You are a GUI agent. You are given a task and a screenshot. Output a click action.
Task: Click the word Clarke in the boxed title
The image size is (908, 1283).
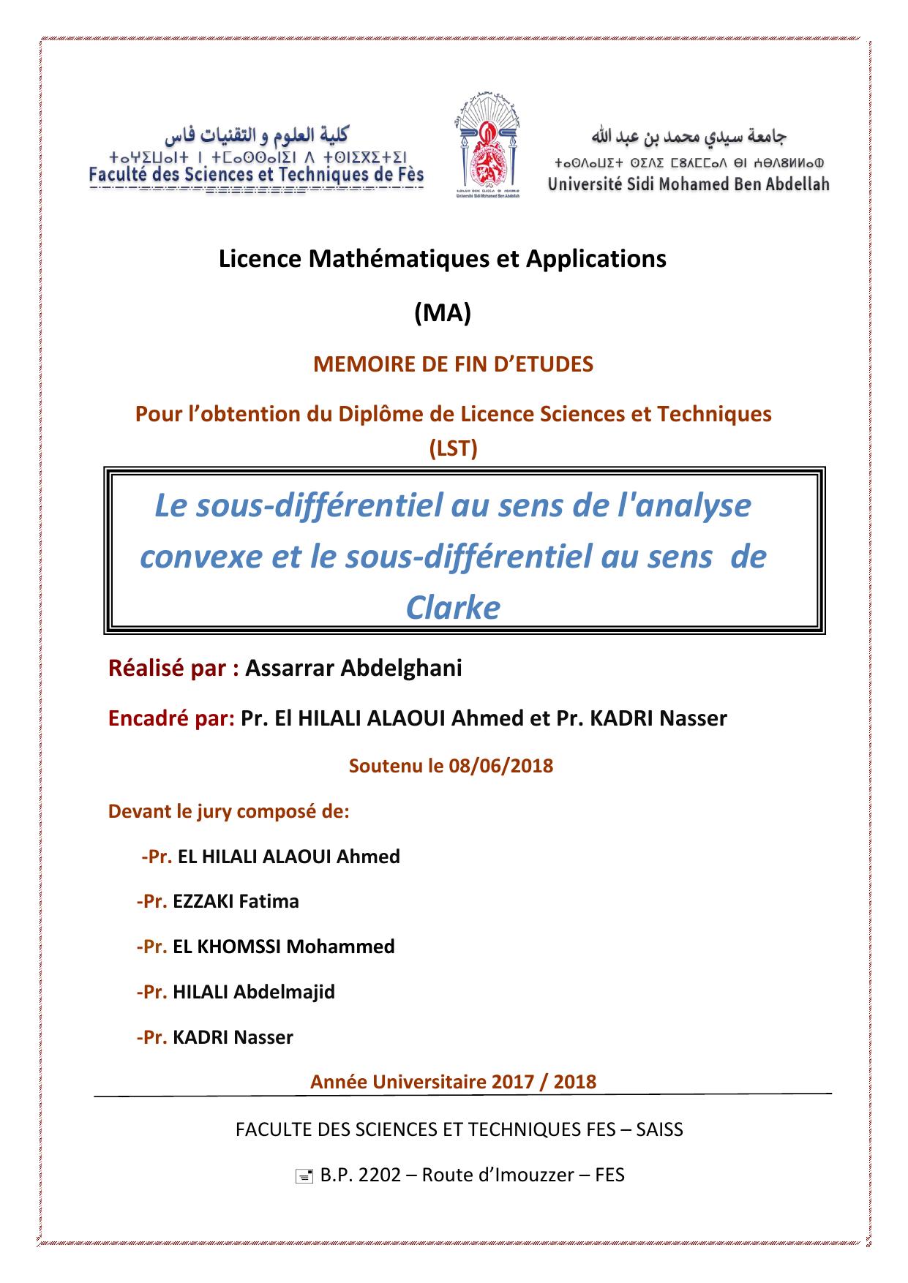(x=453, y=607)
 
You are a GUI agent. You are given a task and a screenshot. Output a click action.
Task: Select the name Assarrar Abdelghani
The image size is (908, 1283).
(x=353, y=668)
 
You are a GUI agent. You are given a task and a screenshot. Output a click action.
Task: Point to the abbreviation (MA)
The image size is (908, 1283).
(x=442, y=313)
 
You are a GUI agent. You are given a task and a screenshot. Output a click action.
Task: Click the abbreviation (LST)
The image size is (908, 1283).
(x=453, y=448)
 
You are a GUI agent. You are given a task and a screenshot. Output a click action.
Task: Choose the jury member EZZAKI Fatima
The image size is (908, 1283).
(x=236, y=901)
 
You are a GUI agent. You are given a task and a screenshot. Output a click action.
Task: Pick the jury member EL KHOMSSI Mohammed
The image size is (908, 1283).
(x=283, y=947)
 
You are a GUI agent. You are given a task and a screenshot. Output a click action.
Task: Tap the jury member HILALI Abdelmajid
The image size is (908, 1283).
(x=253, y=992)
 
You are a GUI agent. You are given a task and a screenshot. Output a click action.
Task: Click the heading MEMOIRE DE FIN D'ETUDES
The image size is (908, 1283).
(x=453, y=364)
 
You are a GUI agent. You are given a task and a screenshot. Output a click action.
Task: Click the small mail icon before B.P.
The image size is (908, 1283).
(x=301, y=1176)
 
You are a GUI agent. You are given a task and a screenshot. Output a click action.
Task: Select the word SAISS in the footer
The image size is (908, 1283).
(x=659, y=1129)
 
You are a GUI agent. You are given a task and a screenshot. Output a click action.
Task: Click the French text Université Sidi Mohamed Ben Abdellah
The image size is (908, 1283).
(x=688, y=184)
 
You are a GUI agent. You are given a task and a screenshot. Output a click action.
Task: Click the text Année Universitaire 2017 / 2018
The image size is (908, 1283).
(x=453, y=1082)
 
